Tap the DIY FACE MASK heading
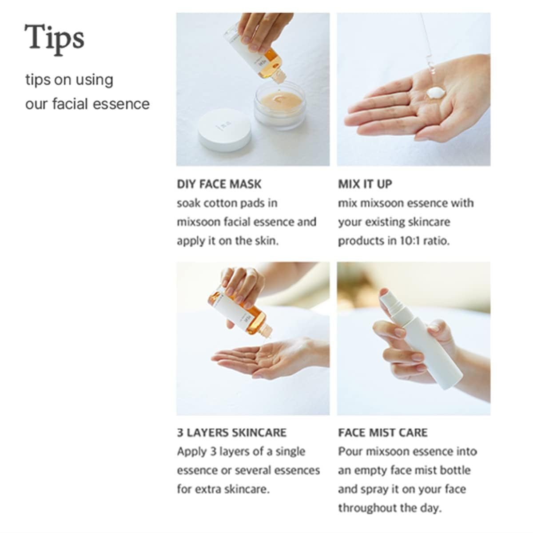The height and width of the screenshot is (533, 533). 219,184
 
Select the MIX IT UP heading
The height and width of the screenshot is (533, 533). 365,184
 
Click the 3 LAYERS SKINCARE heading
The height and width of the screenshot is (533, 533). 231,433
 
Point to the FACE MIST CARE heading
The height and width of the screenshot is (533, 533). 382,433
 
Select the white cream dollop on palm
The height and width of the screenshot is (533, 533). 436,93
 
